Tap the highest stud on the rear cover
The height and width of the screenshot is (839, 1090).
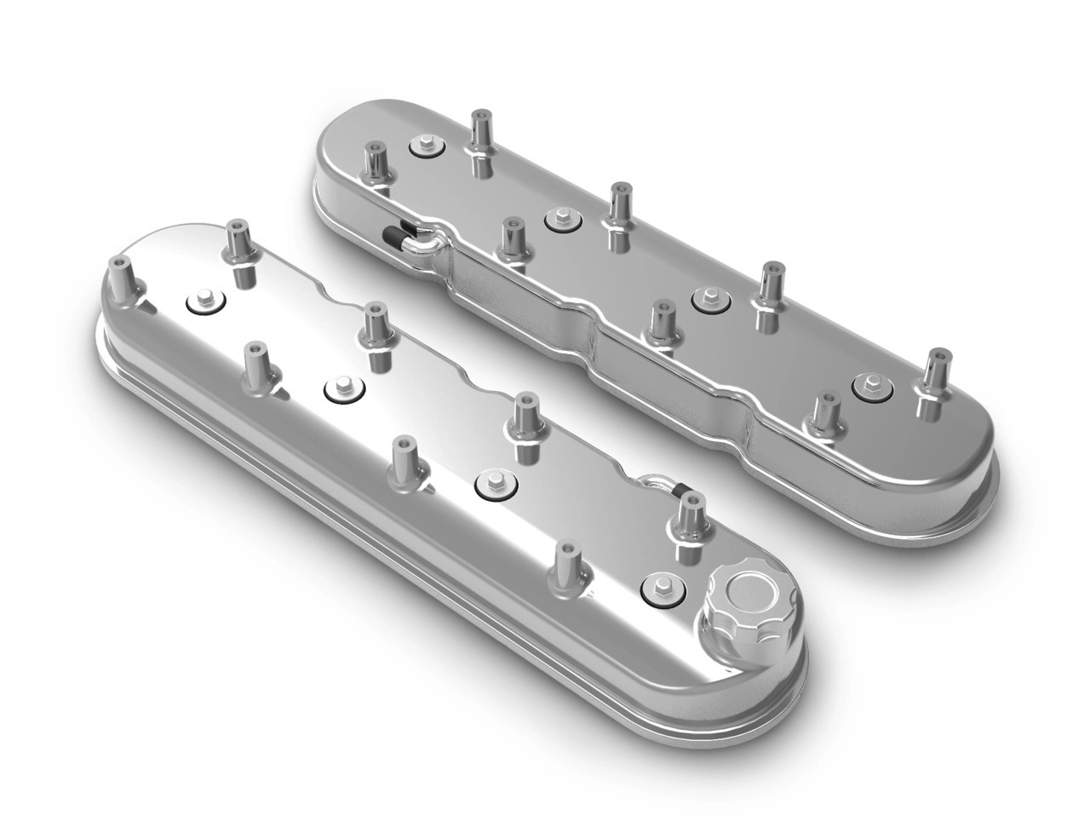[x=481, y=132]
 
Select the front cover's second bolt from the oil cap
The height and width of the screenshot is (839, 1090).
[x=490, y=483]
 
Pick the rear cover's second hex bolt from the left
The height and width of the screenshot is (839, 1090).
[x=560, y=216]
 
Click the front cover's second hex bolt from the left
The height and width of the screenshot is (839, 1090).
[x=341, y=388]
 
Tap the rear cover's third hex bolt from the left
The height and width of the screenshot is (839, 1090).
[x=706, y=297]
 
